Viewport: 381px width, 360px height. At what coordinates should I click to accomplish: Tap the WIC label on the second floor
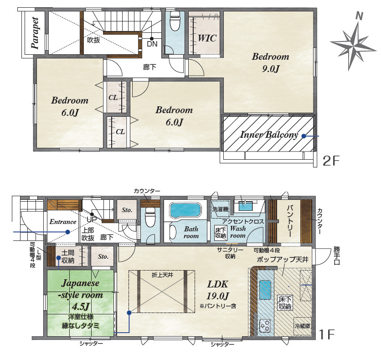[207, 38]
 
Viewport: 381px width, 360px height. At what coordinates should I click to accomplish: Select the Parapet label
[35, 33]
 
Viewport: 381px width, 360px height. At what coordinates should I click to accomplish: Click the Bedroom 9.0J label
[270, 63]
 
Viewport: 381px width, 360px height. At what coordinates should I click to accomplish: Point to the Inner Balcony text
[269, 135]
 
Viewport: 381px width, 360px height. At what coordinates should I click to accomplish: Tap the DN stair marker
[152, 44]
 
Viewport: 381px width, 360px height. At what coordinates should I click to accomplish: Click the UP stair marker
[92, 219]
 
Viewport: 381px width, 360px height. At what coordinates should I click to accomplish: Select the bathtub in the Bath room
[185, 210]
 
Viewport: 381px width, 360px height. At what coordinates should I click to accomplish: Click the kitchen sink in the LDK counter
[265, 290]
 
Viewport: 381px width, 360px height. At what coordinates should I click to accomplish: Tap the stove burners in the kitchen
[265, 325]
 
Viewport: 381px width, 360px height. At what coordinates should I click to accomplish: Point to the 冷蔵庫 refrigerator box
[303, 326]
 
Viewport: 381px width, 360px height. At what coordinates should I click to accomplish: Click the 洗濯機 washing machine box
[220, 209]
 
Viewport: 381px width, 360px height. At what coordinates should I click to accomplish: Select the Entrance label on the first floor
[63, 222]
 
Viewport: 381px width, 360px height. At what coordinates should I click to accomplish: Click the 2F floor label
[331, 161]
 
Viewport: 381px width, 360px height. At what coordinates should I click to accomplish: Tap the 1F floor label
[327, 334]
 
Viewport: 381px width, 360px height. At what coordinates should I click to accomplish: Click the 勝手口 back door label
[336, 256]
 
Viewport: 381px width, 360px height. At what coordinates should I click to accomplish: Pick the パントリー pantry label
[289, 221]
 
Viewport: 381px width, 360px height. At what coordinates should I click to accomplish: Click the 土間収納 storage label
[68, 256]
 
